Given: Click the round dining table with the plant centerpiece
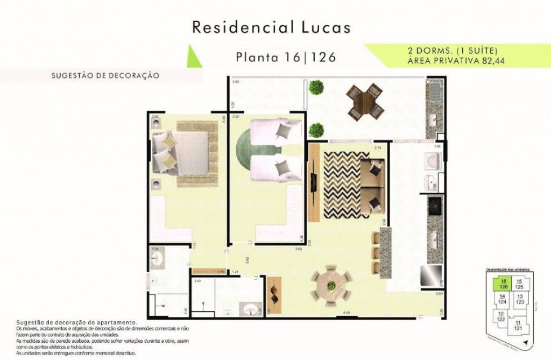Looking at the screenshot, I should tap(331, 284).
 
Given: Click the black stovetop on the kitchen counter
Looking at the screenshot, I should tap(435, 204).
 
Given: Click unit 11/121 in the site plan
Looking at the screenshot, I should tap(518, 325).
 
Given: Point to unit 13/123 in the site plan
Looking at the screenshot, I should tap(519, 299).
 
